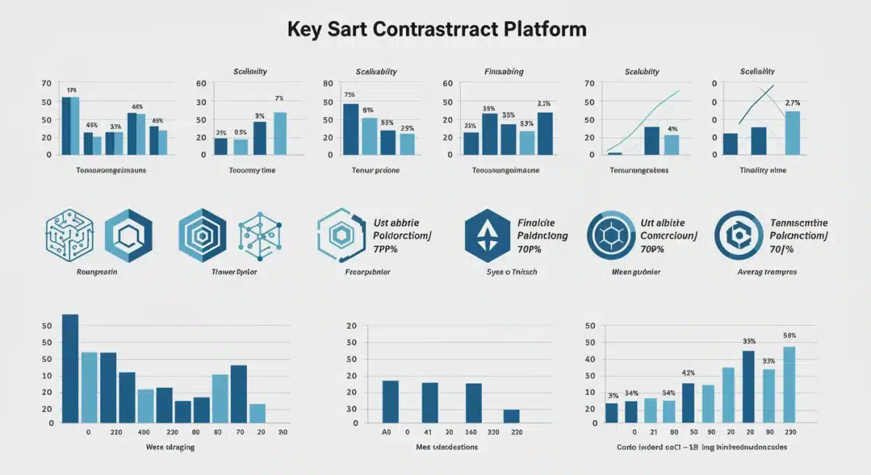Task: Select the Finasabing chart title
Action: pos(504,72)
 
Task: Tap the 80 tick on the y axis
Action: pos(328,84)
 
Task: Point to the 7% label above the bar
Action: pos(279,98)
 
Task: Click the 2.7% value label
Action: pos(793,102)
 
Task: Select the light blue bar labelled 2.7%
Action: pos(793,133)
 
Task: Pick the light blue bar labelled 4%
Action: pos(671,145)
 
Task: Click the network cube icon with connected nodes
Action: pos(259,236)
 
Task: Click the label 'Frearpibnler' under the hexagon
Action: pos(367,272)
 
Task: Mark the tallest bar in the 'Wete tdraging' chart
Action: pos(70,369)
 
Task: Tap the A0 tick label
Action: pos(386,431)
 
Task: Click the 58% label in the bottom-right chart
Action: pos(790,336)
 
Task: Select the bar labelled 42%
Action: pos(688,403)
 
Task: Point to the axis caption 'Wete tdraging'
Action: pos(170,447)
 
